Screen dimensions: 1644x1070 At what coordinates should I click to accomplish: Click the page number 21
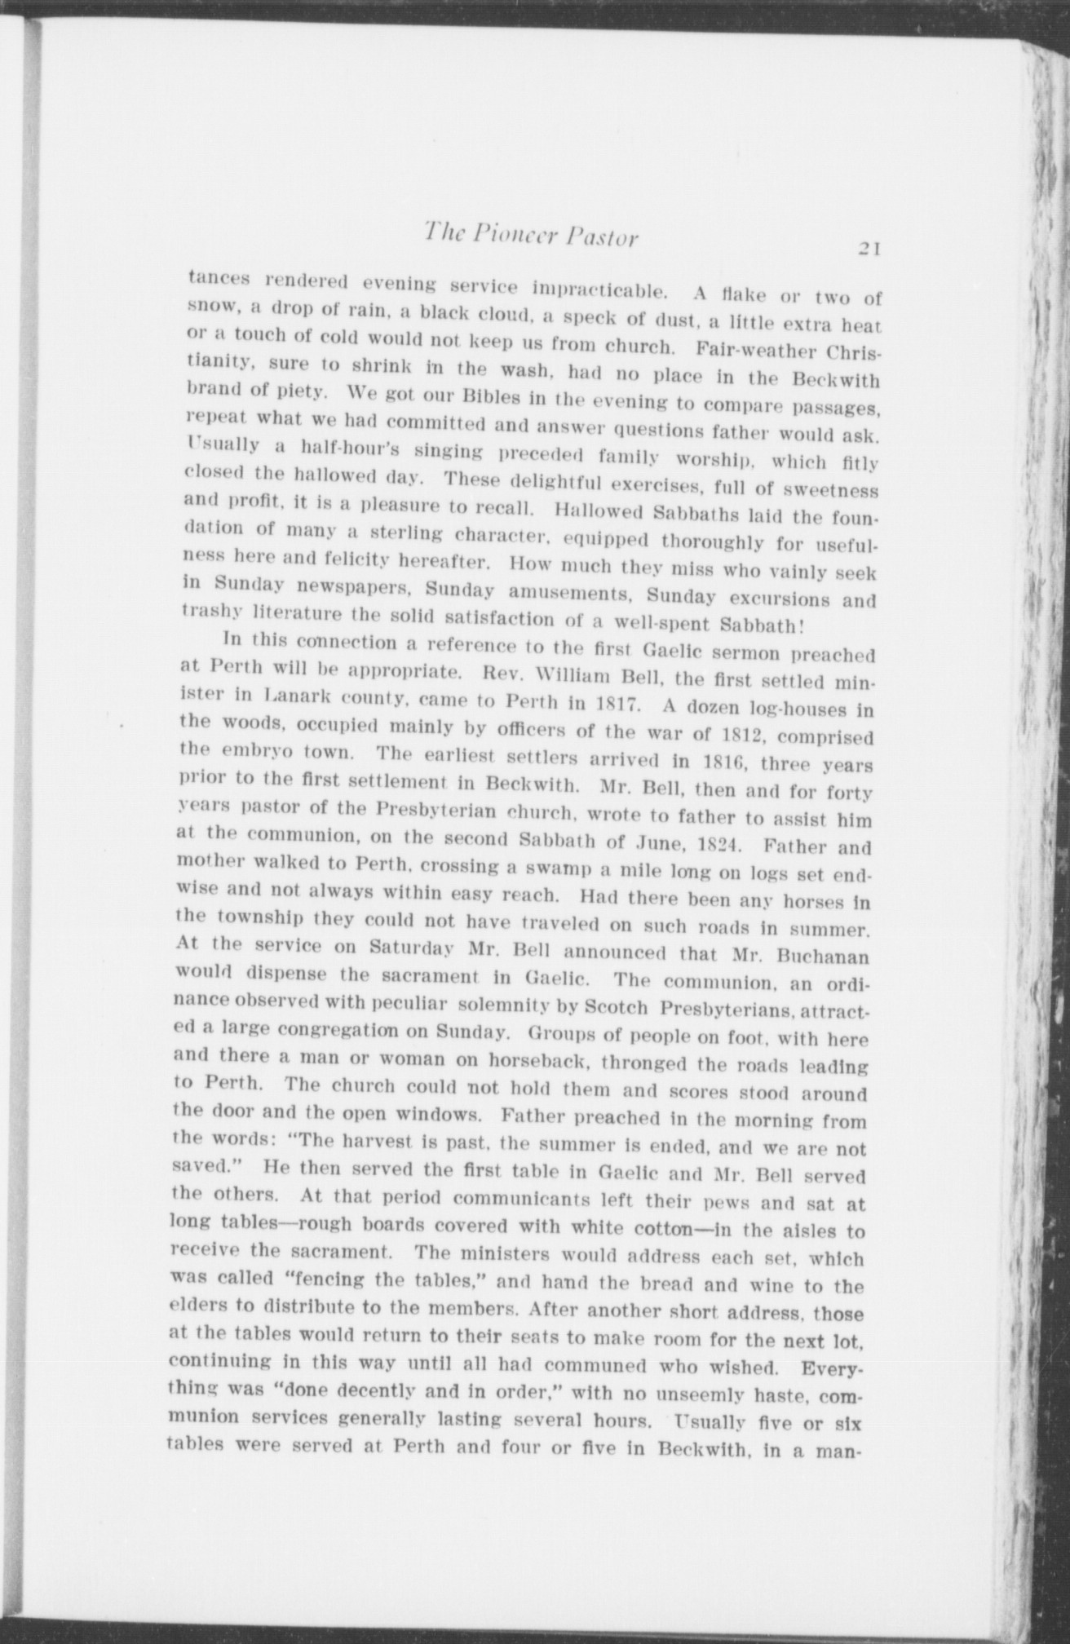(860, 249)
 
